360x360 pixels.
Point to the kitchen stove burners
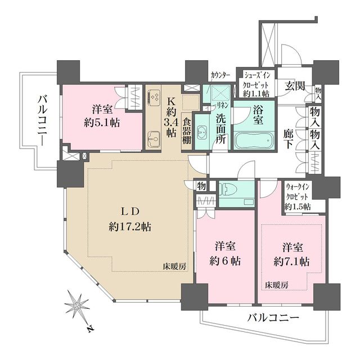pyautogui.click(x=154, y=98)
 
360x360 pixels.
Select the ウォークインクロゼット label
pyautogui.click(x=298, y=194)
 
